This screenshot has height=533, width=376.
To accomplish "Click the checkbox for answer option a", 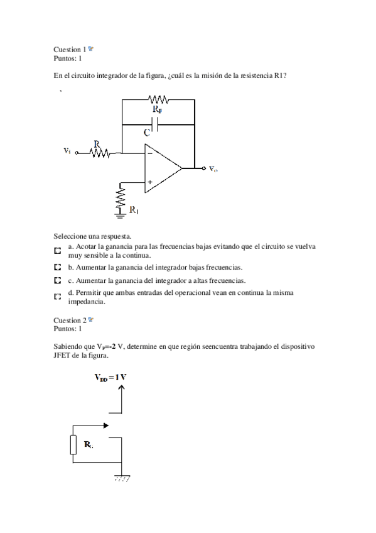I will click(x=58, y=251).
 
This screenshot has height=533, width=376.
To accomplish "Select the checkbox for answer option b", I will click(x=58, y=267).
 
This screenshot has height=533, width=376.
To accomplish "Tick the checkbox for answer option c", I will click(x=58, y=280).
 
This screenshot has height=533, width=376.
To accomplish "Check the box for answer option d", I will click(x=58, y=296).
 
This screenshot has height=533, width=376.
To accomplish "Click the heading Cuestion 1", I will click(x=70, y=49).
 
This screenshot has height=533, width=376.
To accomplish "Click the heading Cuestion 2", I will click(x=70, y=320).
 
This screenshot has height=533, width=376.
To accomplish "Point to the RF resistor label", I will click(x=157, y=111).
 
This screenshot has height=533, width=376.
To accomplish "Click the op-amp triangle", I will click(x=161, y=168).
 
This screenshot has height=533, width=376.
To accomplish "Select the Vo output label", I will click(x=213, y=169).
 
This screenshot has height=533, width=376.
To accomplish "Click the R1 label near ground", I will click(x=134, y=211).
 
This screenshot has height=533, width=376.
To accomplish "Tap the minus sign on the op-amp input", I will click(x=149, y=152).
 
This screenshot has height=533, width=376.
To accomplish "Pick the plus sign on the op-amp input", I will click(x=149, y=182).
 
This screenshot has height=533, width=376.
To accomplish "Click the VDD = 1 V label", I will click(x=111, y=378).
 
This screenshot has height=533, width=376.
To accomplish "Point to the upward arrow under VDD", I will click(x=122, y=398).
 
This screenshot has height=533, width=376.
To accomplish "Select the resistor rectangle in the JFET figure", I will click(x=74, y=445).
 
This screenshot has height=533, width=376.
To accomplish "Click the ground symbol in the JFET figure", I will click(x=122, y=478).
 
